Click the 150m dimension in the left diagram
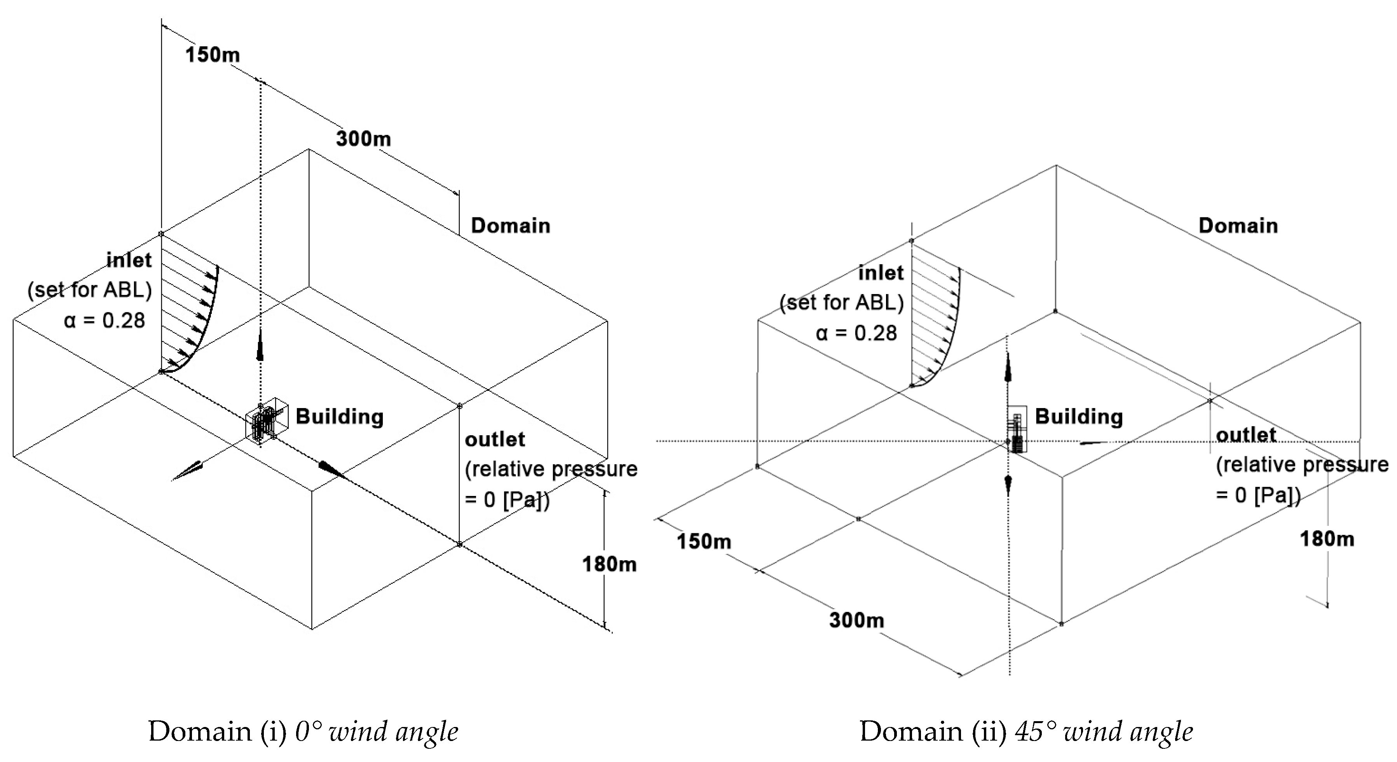212,55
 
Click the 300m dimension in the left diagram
363,138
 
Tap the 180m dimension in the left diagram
609,564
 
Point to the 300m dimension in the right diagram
856,620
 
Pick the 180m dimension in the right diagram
1327,539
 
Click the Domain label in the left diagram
510,225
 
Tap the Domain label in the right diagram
1238,225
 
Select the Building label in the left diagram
340,416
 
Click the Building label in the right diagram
1079,416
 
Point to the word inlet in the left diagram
129,261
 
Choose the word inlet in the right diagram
881,272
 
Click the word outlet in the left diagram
495,439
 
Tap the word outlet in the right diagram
1246,435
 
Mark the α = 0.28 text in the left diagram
105,321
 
